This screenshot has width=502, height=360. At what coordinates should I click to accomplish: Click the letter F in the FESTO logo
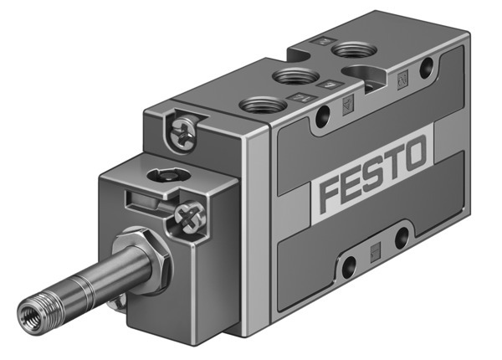pos(333,188)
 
